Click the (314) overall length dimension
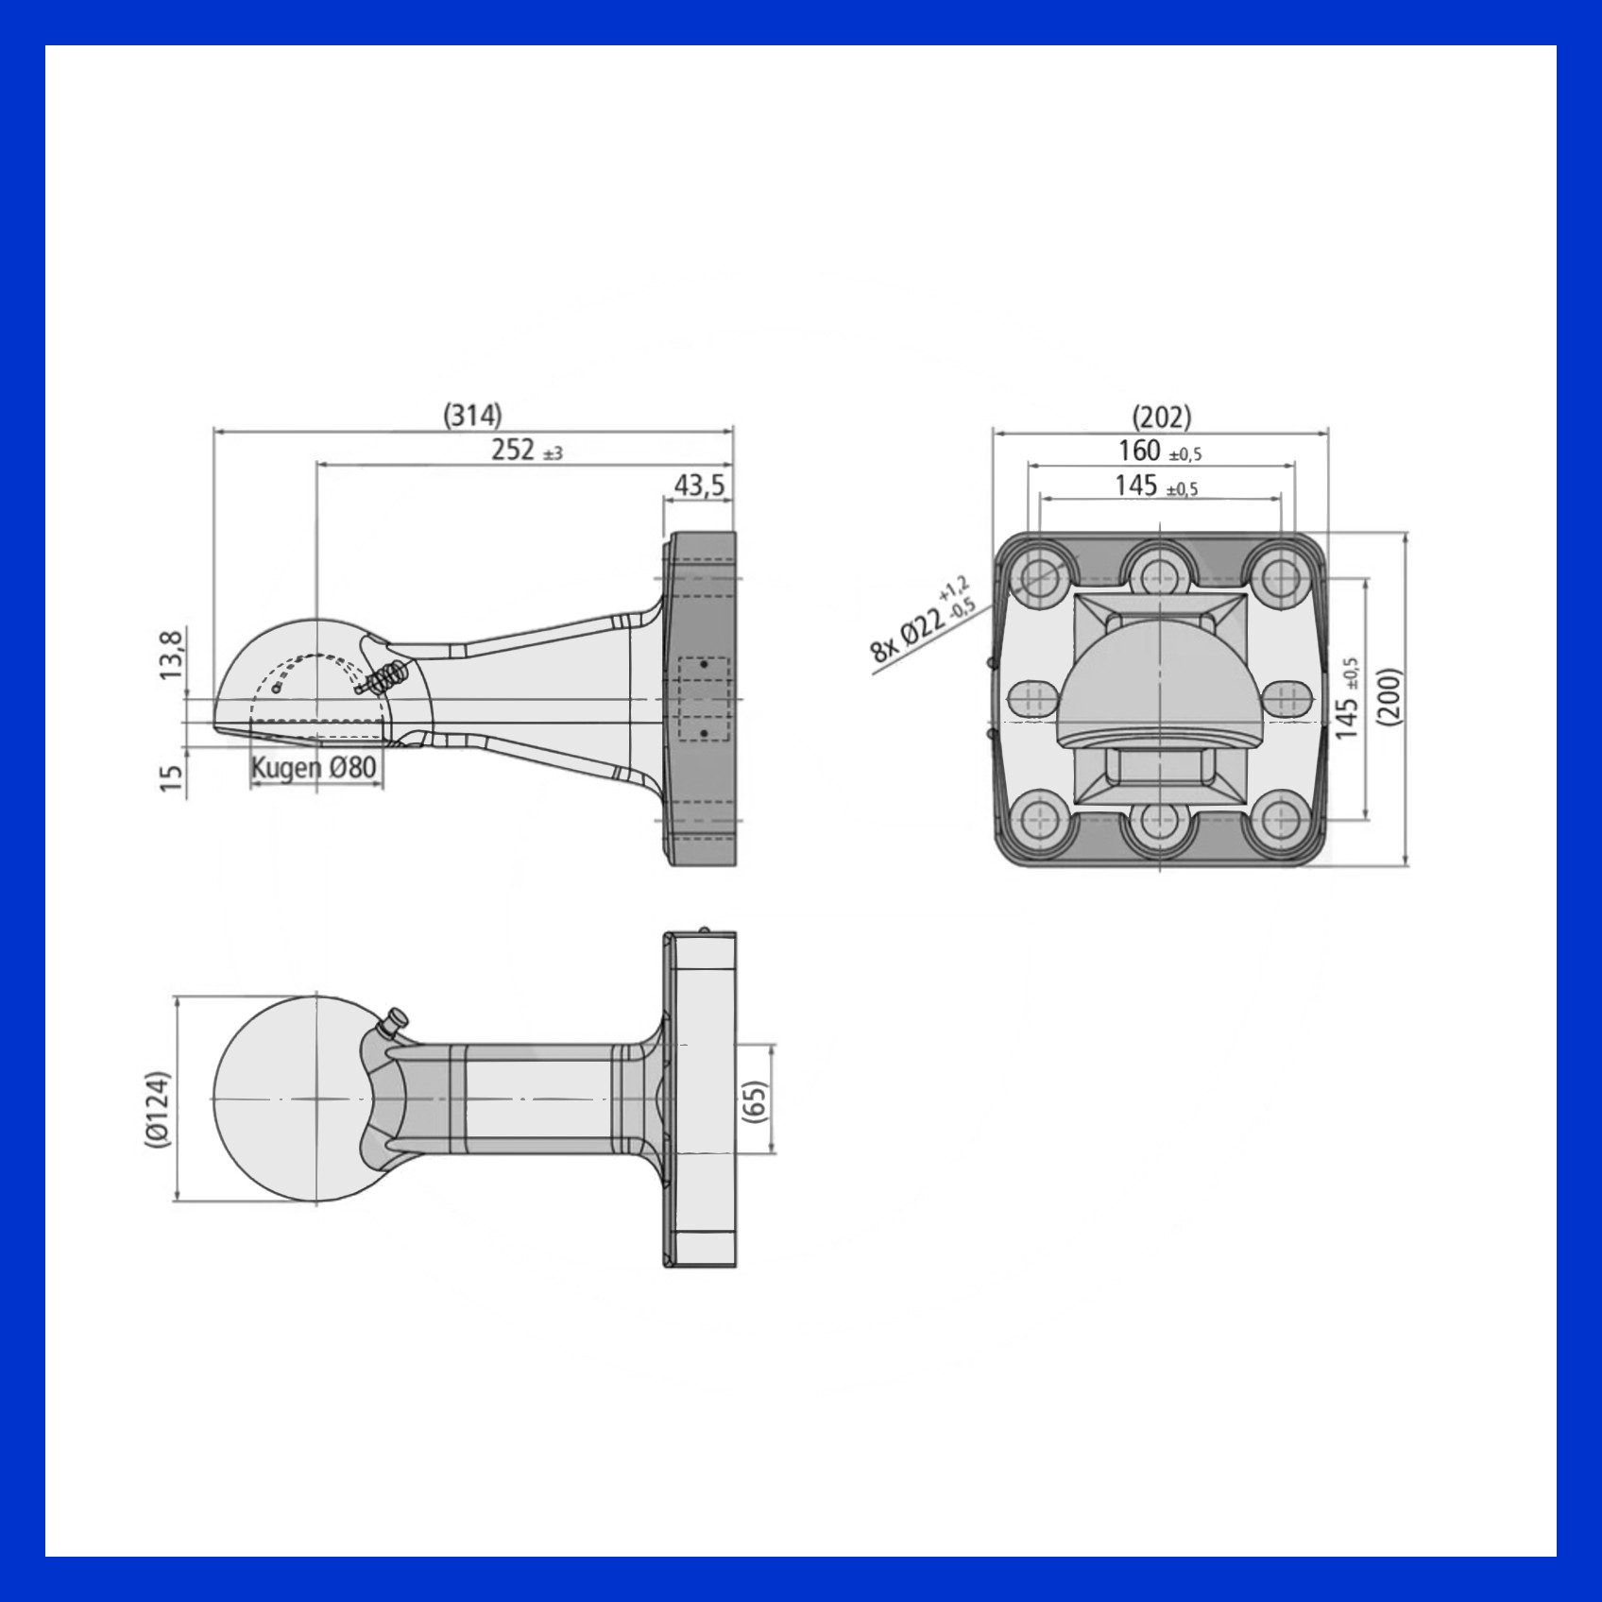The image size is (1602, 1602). click(473, 415)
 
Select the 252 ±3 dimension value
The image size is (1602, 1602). click(526, 450)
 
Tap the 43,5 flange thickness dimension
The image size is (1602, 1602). click(699, 485)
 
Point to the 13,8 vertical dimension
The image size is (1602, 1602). click(172, 655)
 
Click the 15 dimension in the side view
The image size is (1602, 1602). click(171, 777)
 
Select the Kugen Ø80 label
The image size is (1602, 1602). click(315, 767)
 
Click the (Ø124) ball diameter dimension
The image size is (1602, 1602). click(158, 1109)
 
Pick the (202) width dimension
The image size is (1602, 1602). click(1161, 417)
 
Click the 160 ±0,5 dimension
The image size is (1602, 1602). click(1160, 451)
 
